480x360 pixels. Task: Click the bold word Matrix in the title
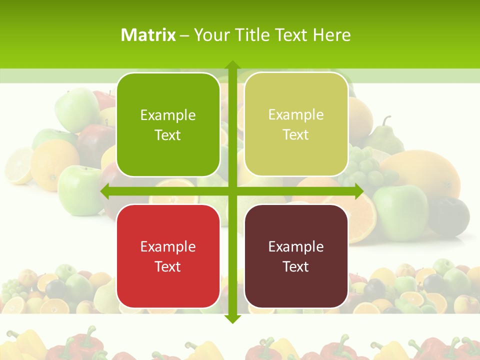click(x=148, y=35)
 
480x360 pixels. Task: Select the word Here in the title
click(x=332, y=35)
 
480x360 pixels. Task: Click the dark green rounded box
click(x=168, y=125)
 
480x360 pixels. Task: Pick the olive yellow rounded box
click(x=296, y=124)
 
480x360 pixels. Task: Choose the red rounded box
click(x=168, y=256)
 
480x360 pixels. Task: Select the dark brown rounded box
click(x=296, y=256)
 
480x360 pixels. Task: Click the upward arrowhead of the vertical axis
click(x=232, y=65)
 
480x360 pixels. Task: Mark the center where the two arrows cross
click(x=232, y=191)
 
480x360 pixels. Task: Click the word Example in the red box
click(x=168, y=246)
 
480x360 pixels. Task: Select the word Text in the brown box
click(x=296, y=266)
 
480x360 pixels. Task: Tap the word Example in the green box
click(x=168, y=115)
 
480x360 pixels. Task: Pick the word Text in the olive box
click(x=296, y=134)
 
